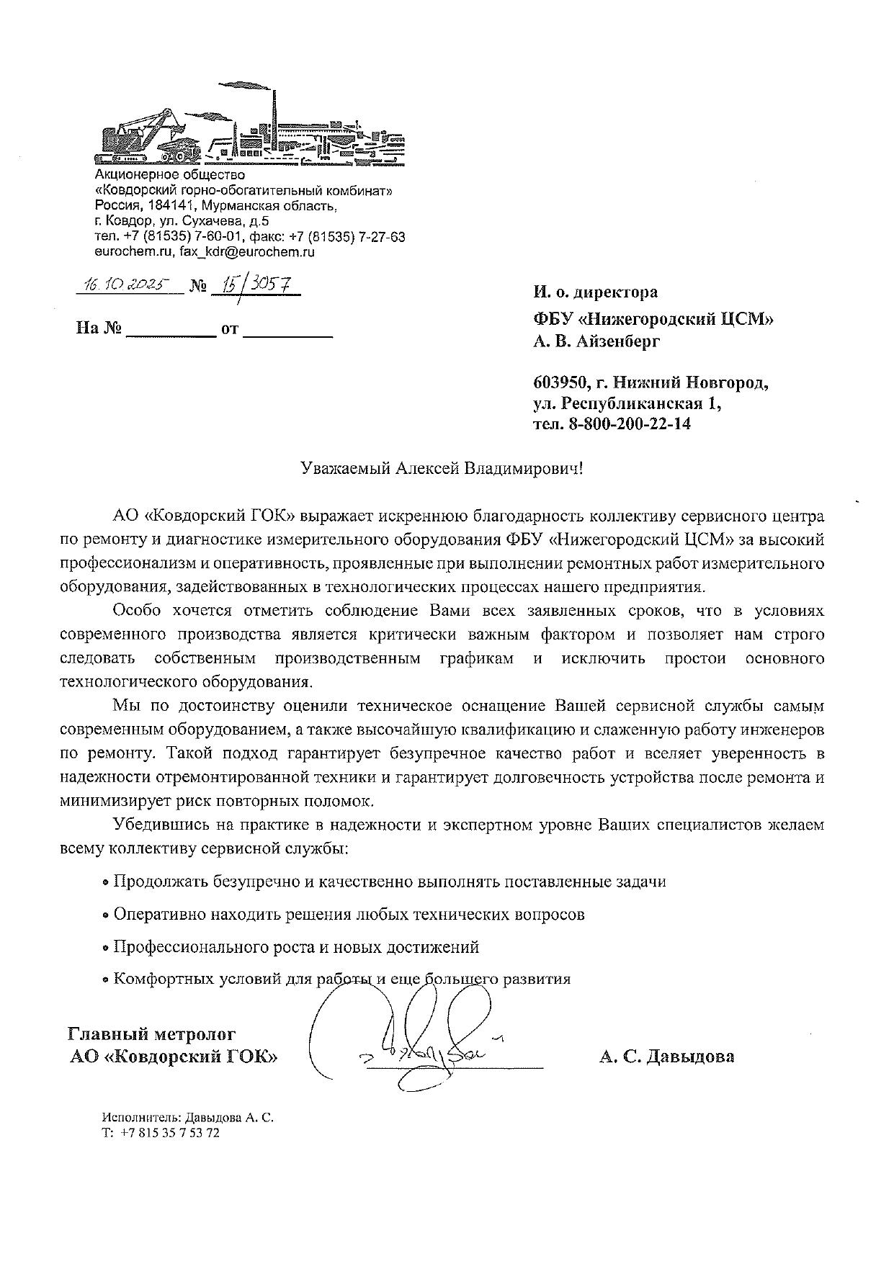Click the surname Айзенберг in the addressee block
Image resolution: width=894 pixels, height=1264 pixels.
617,341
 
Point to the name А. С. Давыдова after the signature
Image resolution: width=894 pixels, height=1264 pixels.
666,1057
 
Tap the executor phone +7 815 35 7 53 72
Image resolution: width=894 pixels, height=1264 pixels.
170,1133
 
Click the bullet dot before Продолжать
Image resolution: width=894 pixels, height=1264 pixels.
105,883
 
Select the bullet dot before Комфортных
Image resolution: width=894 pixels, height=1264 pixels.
105,980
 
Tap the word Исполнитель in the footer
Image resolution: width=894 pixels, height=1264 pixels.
141,1118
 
